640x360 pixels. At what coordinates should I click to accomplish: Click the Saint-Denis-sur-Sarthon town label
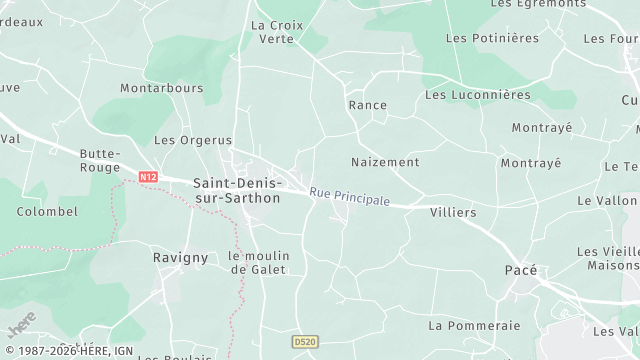237,190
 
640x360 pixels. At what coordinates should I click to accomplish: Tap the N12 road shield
148,177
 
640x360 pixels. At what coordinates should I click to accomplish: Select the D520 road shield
305,342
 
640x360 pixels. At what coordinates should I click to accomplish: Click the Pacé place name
520,270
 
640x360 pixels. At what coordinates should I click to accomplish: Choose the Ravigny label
181,257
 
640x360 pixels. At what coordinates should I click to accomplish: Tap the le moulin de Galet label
257,262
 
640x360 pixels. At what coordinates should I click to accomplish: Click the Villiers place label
453,213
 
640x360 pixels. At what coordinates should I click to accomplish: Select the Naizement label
385,161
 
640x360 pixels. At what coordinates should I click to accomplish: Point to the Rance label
367,104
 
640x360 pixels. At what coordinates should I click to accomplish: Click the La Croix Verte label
276,32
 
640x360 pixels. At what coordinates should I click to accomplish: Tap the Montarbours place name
161,88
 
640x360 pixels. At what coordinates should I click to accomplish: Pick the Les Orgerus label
192,140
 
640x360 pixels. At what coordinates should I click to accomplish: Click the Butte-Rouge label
100,160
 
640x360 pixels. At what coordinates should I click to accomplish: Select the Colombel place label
47,211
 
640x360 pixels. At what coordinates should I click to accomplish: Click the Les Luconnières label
477,95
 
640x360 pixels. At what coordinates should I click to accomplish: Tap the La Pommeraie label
474,325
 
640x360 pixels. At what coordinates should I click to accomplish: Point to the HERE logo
21,324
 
